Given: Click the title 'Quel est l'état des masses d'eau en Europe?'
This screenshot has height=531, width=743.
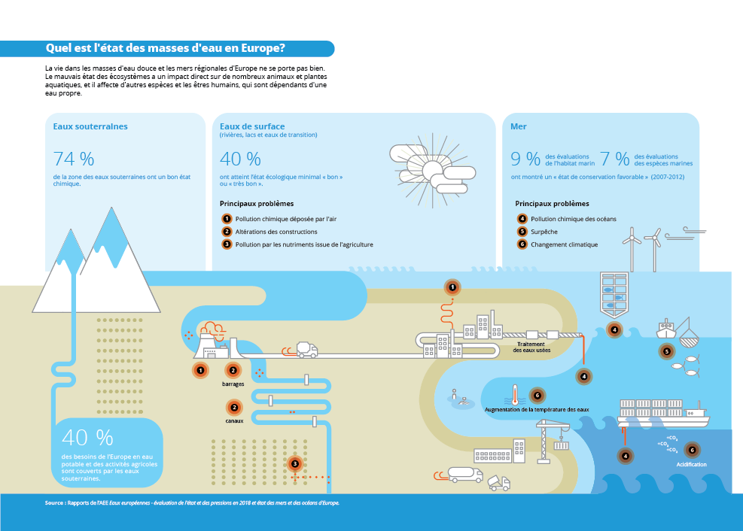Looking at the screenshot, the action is pos(166,48).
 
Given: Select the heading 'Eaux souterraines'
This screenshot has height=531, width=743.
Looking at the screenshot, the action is pos(90,126).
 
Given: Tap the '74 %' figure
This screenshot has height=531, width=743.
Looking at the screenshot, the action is pos(74,159).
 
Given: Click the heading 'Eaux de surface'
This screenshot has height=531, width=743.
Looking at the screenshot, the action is pos(252,126).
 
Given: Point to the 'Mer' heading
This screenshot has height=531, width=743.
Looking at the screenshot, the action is pos(519,126).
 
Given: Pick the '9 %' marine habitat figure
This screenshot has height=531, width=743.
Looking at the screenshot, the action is pos(525,159).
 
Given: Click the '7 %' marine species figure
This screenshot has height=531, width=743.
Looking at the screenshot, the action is pos(614,159).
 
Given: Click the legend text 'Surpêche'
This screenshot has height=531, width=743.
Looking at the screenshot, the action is pos(544,232).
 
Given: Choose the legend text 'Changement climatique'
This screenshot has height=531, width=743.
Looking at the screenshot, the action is pos(565,244).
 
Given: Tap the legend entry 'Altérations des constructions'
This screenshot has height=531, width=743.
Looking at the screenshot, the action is pos(276,232).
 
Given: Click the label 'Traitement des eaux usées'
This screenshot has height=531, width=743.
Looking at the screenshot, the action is pos(531,347).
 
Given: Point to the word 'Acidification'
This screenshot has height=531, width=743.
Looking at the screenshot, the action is pos(691,464).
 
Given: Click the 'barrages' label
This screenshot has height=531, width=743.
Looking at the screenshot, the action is pos(233,384).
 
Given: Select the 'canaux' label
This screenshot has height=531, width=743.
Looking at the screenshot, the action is pos(234,420).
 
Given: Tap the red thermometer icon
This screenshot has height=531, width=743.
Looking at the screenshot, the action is pos(514,395).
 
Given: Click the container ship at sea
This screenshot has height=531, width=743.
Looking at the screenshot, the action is pos(663,414).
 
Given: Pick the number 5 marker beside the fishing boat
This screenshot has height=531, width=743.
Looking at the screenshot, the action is pos(667,351).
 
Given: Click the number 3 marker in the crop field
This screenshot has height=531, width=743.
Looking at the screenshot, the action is pos(295,464).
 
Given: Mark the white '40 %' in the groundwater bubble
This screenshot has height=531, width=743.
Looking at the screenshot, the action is pos(87,438).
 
